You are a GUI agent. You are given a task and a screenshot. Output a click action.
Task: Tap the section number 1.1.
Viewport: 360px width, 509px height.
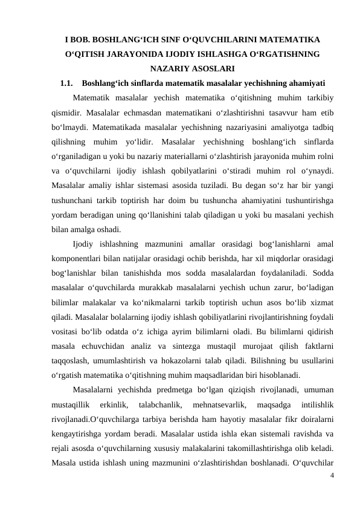[67, 82]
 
